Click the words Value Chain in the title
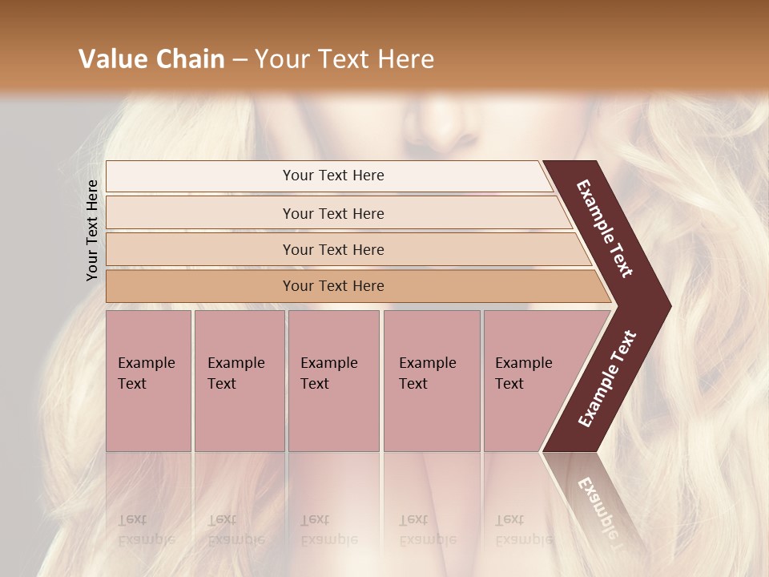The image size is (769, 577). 151,59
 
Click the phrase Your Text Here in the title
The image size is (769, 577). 344,59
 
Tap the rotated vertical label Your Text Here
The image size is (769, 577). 92,230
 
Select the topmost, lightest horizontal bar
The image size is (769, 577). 333,176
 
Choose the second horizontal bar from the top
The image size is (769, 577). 333,213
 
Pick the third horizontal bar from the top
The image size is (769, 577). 333,249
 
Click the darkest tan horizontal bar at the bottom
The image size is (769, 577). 333,286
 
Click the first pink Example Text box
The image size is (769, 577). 148,381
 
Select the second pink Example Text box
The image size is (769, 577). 239,381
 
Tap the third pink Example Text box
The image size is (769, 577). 333,381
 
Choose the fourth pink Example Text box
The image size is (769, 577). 431,381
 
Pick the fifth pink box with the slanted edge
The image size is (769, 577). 529,381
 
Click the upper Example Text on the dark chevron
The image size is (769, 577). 605,228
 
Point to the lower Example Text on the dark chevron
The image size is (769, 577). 607,379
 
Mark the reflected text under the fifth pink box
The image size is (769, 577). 523,530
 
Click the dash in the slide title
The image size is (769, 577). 240,60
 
